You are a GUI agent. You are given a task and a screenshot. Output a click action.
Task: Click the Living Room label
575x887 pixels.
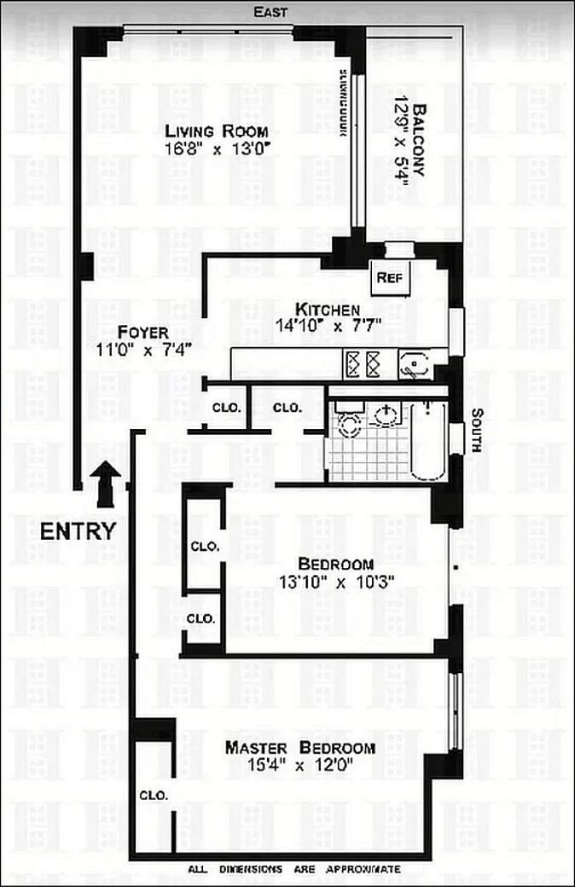(217, 131)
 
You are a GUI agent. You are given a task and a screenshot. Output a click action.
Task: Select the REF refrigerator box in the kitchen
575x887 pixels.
(393, 276)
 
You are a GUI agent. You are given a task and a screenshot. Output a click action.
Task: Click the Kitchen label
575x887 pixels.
(328, 309)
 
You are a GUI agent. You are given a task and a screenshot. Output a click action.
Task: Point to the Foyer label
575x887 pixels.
(143, 332)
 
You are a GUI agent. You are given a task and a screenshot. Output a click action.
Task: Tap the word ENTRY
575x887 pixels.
(78, 531)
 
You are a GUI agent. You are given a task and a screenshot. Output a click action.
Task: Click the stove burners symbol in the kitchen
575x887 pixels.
(362, 364)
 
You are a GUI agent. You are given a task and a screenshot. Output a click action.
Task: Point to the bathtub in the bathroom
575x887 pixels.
(426, 440)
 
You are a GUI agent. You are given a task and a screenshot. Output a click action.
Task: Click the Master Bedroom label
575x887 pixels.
(299, 748)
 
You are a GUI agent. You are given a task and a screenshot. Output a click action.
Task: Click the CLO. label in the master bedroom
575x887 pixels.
(154, 795)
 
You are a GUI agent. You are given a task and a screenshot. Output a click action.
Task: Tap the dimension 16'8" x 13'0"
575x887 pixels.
(217, 148)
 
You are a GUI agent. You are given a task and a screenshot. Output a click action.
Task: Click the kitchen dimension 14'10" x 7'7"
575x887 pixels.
(328, 324)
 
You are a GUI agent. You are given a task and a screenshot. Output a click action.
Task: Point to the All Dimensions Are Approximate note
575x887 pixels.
(294, 869)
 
